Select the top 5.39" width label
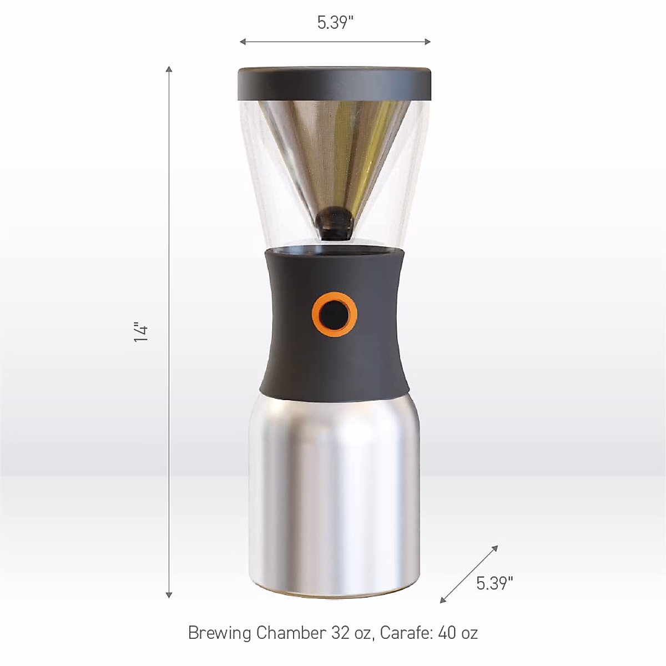[x=335, y=23]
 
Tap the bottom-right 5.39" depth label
[x=495, y=583]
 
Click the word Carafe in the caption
[x=405, y=633]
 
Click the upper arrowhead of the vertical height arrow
[x=169, y=69]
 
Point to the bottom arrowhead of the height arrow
[x=169, y=595]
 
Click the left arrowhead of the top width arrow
[x=243, y=42]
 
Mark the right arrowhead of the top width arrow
[x=427, y=42]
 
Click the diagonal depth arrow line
[x=469, y=574]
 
